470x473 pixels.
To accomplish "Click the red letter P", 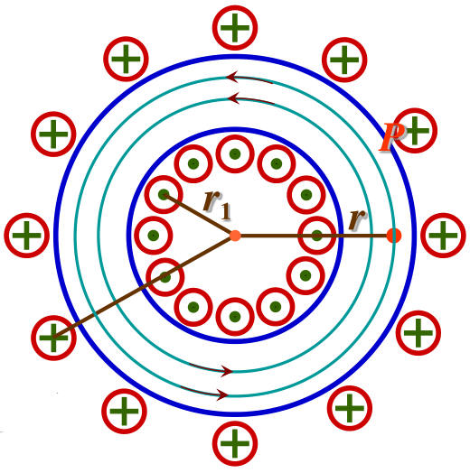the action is [x=391, y=136].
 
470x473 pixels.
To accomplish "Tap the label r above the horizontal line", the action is [x=357, y=218].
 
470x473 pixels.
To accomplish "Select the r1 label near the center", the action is [x=217, y=204].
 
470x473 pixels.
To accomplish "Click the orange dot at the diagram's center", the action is [x=235, y=236].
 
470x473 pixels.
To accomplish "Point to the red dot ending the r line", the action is [x=394, y=236].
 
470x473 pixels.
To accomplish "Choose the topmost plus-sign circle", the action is [x=235, y=28].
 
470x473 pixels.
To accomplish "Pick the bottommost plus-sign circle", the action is [x=235, y=443].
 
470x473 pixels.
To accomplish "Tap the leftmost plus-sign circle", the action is [x=26, y=236].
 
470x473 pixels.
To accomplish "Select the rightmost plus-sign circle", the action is [x=443, y=236].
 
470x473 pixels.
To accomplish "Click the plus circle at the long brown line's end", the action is [x=53, y=338].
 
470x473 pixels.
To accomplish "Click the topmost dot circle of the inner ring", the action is [x=235, y=153].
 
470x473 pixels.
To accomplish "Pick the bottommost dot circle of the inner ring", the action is [x=235, y=317].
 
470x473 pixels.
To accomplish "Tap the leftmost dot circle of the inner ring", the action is [x=154, y=236].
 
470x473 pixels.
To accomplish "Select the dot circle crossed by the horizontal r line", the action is [x=317, y=236].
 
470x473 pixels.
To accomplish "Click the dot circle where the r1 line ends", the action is [x=164, y=195].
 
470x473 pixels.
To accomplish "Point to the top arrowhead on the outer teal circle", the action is [x=232, y=77].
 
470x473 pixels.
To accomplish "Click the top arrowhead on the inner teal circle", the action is [x=233, y=98].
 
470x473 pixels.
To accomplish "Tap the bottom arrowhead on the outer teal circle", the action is [x=222, y=394].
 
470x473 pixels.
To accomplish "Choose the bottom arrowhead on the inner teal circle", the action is [x=227, y=371].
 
